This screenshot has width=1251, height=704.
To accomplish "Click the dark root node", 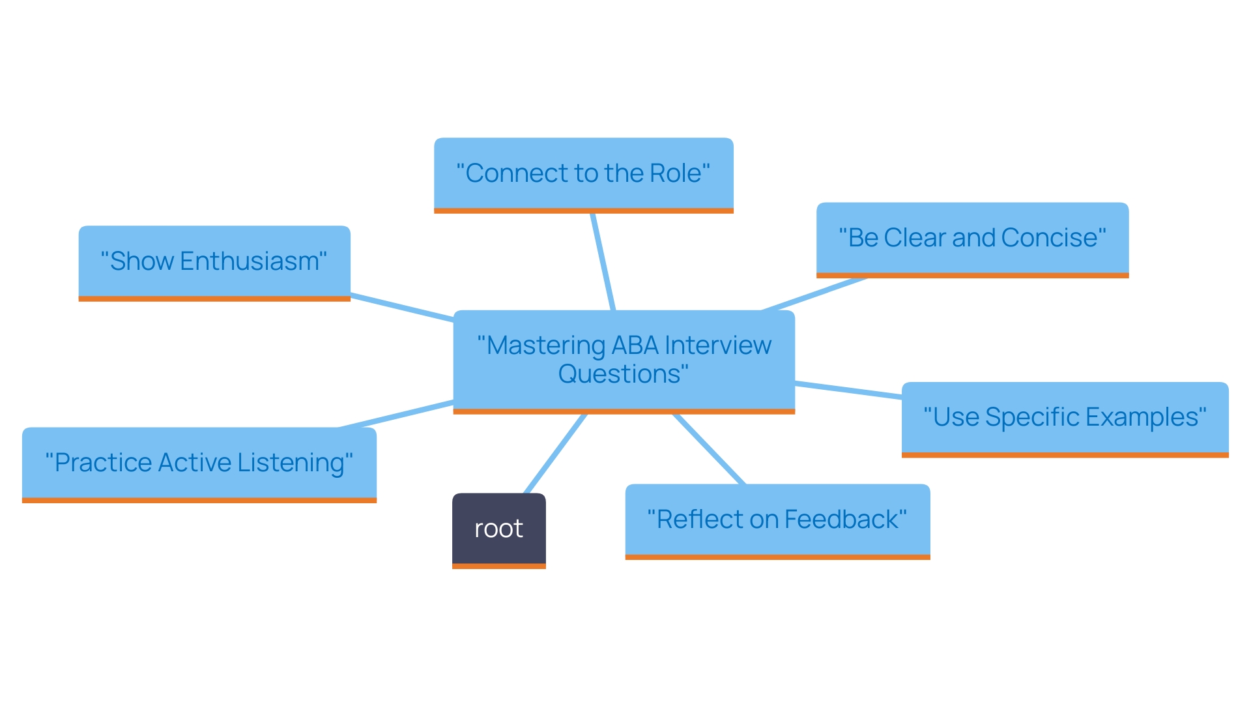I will click(x=498, y=529).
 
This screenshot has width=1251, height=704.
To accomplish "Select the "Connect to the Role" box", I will click(x=583, y=173).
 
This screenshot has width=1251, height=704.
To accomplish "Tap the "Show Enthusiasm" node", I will click(x=214, y=261).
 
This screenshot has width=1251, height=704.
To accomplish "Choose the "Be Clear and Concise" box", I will click(x=971, y=238).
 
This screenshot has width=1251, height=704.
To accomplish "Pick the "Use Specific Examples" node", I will click(x=1064, y=417).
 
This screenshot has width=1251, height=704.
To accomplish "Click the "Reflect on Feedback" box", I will click(x=777, y=520).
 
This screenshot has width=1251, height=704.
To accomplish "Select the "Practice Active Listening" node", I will click(x=199, y=463).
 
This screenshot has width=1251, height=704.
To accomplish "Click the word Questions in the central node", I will click(x=619, y=374).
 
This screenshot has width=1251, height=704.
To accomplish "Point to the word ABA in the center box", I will click(x=635, y=345).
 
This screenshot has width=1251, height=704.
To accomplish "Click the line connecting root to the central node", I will click(x=555, y=454).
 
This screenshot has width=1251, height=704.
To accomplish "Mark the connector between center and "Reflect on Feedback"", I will click(x=709, y=449).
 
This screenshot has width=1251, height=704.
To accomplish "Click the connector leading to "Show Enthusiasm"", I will click(x=402, y=308).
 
